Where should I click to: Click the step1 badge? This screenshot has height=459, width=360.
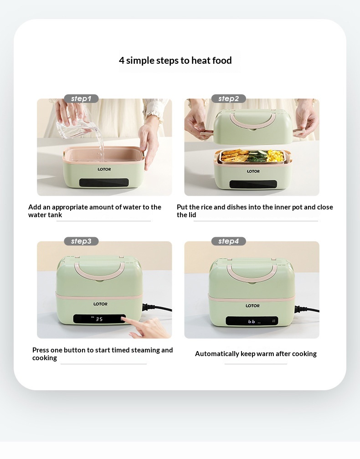[81, 99]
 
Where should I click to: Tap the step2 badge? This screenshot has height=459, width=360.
[228, 99]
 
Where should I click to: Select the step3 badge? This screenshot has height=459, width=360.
[81, 241]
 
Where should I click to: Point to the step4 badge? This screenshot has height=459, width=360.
[228, 241]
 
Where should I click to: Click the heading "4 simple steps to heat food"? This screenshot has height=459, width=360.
[175, 60]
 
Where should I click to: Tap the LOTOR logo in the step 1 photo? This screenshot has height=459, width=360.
[104, 169]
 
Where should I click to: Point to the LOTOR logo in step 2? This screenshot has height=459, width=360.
[253, 171]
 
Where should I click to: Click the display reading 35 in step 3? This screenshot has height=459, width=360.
[99, 319]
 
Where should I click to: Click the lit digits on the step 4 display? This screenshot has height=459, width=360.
[252, 321]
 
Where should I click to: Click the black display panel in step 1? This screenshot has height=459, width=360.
[104, 183]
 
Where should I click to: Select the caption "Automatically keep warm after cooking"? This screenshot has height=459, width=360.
[256, 354]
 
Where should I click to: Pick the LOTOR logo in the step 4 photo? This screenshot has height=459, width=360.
[252, 306]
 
